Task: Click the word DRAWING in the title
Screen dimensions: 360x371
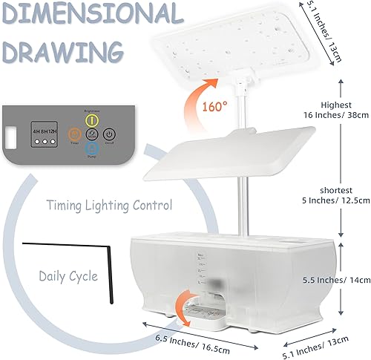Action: pos(62,50)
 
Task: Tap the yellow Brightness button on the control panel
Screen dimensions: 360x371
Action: pos(91,119)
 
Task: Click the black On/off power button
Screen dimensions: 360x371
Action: pos(108,134)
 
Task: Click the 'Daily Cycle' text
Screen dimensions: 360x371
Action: pos(68,276)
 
